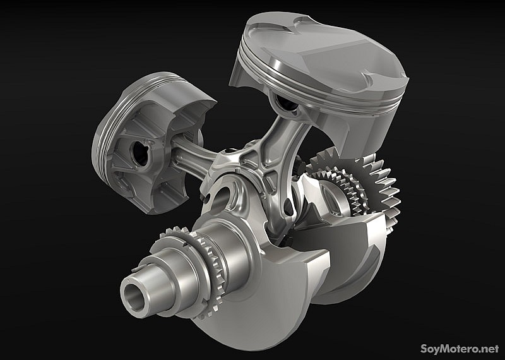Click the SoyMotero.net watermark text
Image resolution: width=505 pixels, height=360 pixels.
coord(460,349)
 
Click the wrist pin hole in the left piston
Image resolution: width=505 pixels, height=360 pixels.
coord(141,153)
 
